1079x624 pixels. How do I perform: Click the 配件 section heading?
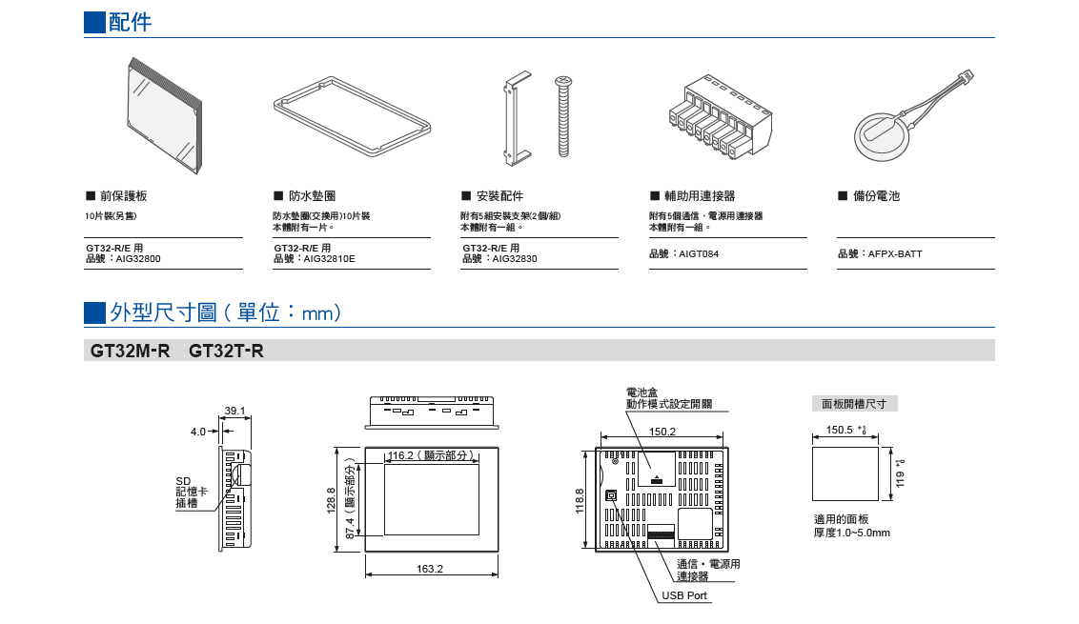[130, 22]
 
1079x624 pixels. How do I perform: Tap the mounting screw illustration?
[562, 116]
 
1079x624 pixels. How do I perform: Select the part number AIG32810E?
[329, 258]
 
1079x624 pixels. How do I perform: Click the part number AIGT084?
[700, 254]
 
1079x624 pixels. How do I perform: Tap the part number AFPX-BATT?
[895, 254]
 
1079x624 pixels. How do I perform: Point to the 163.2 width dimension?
[430, 569]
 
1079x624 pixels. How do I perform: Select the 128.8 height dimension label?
[331, 498]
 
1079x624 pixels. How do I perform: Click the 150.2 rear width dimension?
[662, 432]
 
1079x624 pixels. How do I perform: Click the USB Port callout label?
[684, 595]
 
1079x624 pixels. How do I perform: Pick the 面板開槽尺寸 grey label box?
[854, 404]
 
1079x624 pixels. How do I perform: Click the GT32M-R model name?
[130, 352]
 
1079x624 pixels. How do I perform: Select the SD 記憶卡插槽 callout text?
[187, 492]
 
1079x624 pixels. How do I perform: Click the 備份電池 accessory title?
[875, 196]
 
